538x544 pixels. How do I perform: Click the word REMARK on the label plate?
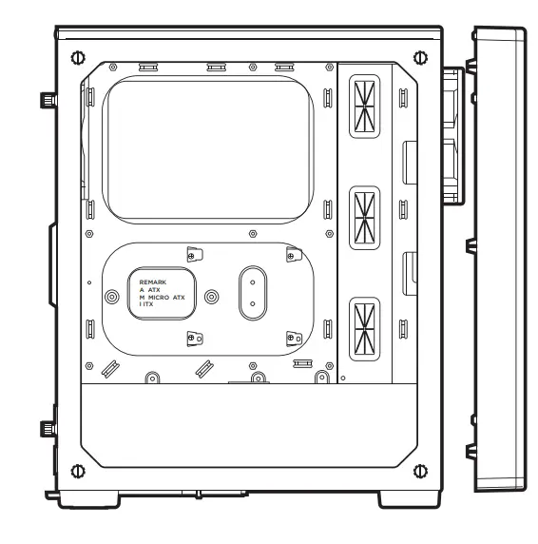pos(152,282)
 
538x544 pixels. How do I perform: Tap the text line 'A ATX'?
pos(150,290)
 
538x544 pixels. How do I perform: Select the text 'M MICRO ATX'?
pos(163,298)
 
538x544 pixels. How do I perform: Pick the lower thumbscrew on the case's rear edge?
pos(45,429)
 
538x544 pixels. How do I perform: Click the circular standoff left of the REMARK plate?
pos(113,296)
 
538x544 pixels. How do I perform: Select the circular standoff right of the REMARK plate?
pos(211,296)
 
